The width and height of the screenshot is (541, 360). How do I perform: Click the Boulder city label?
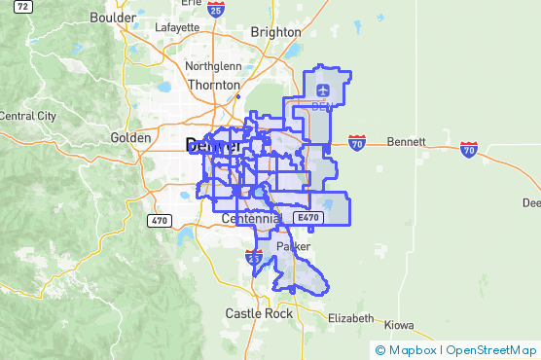tap(112, 18)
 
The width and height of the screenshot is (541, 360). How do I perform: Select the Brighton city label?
tap(275, 32)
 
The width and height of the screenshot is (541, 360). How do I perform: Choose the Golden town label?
tap(130, 138)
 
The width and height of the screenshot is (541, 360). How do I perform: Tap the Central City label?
tap(27, 116)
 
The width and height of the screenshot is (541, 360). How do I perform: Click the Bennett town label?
tap(406, 142)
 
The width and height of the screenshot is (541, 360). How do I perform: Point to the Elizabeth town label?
tap(350, 318)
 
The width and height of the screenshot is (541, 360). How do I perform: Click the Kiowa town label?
tap(399, 324)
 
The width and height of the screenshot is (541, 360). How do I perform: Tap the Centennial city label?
tap(251, 219)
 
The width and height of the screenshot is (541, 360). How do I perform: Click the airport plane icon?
tap(322, 90)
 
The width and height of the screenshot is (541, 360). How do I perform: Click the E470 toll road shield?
tap(307, 219)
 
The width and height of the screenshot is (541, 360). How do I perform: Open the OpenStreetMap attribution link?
tap(491, 349)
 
